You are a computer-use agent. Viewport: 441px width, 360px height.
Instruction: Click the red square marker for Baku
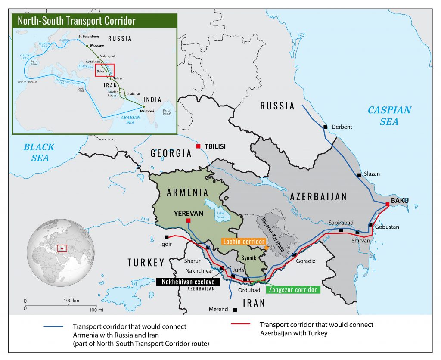pos(388,204)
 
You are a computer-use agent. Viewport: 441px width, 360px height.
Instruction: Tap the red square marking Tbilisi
pos(198,146)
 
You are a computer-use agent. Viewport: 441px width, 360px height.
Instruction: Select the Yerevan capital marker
pos(188,220)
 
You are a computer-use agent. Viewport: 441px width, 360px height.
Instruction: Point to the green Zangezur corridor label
pos(294,289)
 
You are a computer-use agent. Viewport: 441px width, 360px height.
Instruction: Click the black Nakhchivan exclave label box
pos(188,282)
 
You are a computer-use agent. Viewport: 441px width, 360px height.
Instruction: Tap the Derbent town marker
pos(326,127)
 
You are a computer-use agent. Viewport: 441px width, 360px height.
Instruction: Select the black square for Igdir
pos(167,237)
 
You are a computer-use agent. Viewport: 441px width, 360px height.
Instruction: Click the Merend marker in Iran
pos(235,310)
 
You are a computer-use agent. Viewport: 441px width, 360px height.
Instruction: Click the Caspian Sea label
pos(389,116)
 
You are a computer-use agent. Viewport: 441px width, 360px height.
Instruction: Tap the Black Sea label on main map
pos(39,152)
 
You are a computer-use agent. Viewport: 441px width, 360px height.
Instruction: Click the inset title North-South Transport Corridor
pos(77,21)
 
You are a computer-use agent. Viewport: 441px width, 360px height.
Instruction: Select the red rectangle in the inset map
pos(105,69)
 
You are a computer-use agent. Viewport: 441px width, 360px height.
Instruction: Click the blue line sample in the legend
pos(53,326)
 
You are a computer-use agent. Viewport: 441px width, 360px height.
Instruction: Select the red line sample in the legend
pos(241,324)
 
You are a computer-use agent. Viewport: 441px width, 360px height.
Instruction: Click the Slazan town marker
pos(359,175)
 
